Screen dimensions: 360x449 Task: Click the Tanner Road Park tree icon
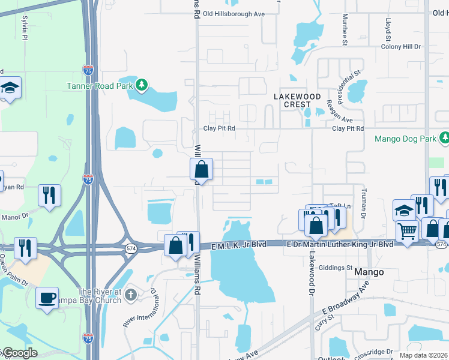click(142, 86)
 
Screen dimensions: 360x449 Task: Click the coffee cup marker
click(47, 298)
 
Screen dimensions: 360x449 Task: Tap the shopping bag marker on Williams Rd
click(202, 170)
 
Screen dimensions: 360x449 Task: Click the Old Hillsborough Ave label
click(234, 14)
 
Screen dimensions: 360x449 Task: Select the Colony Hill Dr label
click(401, 46)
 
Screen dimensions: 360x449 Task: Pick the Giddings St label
click(336, 268)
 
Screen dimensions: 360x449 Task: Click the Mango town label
click(369, 272)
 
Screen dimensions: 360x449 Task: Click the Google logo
click(19, 353)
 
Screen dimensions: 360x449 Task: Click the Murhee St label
click(345, 31)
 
